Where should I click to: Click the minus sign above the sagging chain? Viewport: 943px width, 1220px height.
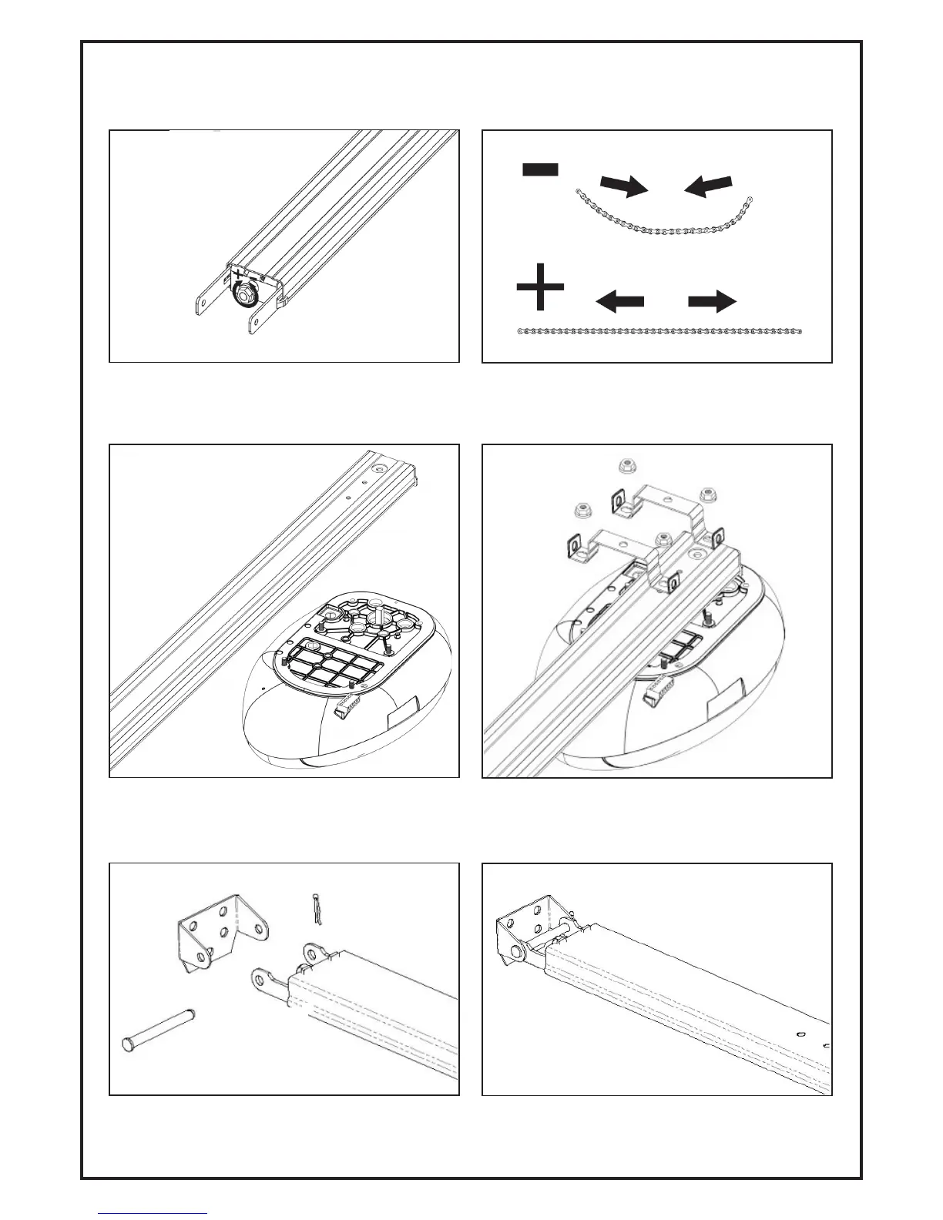(x=541, y=169)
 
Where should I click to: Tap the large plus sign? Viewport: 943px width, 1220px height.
(x=539, y=287)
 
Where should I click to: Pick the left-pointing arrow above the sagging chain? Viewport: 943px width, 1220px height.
(x=708, y=185)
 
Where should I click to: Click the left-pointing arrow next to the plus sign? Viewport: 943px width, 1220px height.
(x=620, y=303)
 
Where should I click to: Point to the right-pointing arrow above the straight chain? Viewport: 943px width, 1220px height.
(x=713, y=303)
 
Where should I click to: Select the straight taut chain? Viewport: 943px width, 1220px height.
(x=659, y=331)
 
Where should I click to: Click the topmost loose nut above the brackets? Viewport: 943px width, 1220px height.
(x=626, y=465)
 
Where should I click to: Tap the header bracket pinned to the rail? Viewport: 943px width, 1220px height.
(x=524, y=932)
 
